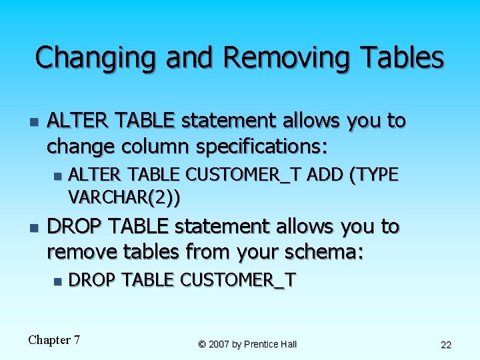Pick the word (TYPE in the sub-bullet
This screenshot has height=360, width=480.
coord(377,175)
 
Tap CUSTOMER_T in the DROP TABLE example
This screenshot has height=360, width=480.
coord(238,280)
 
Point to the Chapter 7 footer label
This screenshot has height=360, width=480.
coord(54,340)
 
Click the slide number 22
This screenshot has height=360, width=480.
coord(446,345)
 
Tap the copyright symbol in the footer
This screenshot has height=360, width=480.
coord(202,345)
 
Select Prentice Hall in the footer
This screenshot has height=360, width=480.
coord(270,345)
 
